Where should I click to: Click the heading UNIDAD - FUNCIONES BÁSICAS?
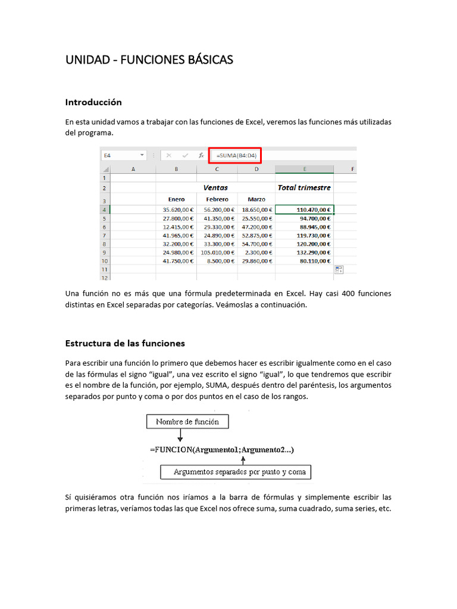pyautogui.click(x=149, y=60)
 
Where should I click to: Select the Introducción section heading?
pyautogui.click(x=93, y=102)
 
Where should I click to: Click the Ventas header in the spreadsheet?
pyautogui.click(x=215, y=187)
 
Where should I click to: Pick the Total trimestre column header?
pyautogui.click(x=304, y=187)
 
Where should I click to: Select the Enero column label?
pyautogui.click(x=176, y=199)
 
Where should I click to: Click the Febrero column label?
pyautogui.click(x=217, y=199)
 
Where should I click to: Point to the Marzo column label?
pyautogui.click(x=256, y=199)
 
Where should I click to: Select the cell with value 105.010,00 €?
pyautogui.click(x=217, y=252)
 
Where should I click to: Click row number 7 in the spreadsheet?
pyautogui.click(x=104, y=235)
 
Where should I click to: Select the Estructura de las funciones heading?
pyautogui.click(x=125, y=343)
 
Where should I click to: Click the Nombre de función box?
pyautogui.click(x=187, y=422)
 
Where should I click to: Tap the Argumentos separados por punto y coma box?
pyautogui.click(x=236, y=472)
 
